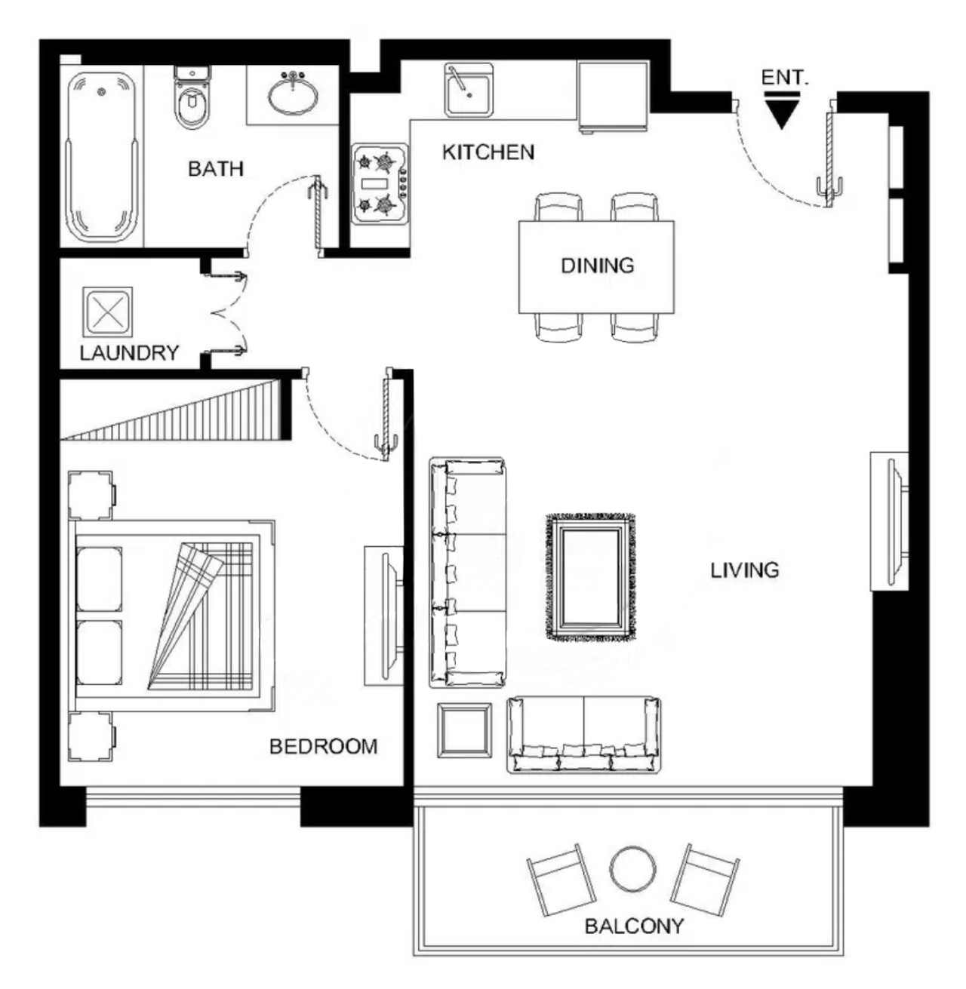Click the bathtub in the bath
pyautogui.click(x=102, y=157)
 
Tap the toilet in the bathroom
pyautogui.click(x=192, y=97)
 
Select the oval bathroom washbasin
pyautogui.click(x=294, y=94)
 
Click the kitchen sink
pyautogui.click(x=468, y=90)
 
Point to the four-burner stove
pyautogui.click(x=380, y=184)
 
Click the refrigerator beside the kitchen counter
pyautogui.click(x=613, y=96)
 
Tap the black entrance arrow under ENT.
pyautogui.click(x=782, y=111)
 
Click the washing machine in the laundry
pyautogui.click(x=108, y=312)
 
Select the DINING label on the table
pyautogui.click(x=598, y=266)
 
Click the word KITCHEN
pyautogui.click(x=488, y=152)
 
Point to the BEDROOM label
pyautogui.click(x=323, y=747)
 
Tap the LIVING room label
pyautogui.click(x=744, y=570)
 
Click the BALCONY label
pyautogui.click(x=634, y=926)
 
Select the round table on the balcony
pyautogui.click(x=632, y=868)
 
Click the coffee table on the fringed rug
pyautogui.click(x=591, y=578)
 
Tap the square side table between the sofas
pyautogui.click(x=465, y=731)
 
